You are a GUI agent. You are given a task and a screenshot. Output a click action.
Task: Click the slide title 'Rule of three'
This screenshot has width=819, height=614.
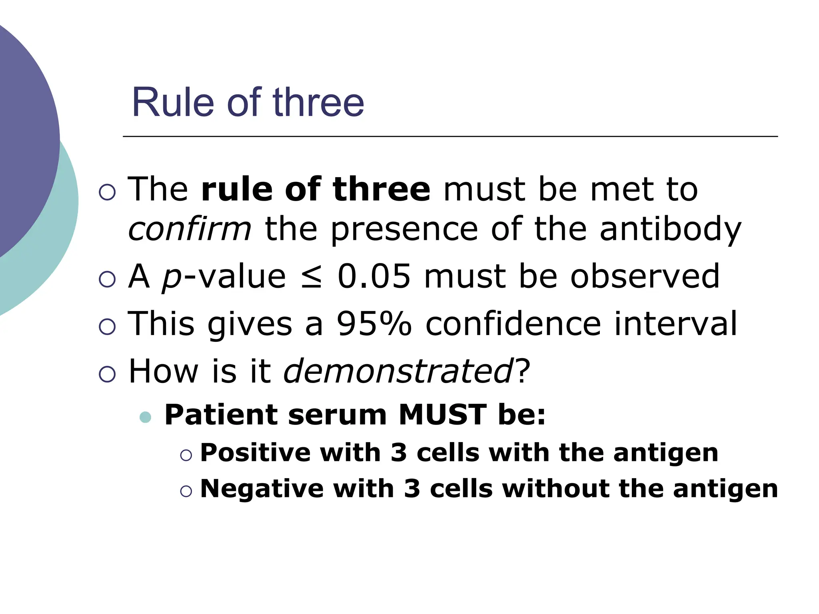coord(248,103)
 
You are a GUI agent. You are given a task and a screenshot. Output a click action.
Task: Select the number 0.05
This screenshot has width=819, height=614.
coord(374,276)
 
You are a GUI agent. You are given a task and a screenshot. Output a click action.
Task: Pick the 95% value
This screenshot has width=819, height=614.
coord(374,323)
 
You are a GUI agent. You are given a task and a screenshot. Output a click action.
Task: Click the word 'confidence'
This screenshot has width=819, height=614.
coord(513,323)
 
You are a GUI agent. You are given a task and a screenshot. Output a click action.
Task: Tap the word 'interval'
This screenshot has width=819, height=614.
coord(675,323)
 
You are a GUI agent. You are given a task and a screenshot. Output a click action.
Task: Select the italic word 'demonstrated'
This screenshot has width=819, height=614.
coord(398,371)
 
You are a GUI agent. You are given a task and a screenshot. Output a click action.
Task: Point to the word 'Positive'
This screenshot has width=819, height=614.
coord(255,453)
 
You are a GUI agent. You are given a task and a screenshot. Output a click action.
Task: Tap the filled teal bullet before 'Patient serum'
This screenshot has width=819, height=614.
coord(145,417)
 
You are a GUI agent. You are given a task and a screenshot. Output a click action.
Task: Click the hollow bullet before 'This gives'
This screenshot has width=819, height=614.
coord(107,327)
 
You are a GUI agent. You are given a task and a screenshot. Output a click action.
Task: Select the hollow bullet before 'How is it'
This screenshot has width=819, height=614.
coord(107,374)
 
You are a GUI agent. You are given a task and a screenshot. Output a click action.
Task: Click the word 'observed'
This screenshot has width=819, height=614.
coord(645,276)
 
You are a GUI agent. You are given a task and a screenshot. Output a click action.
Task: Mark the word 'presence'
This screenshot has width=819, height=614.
coord(404,230)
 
